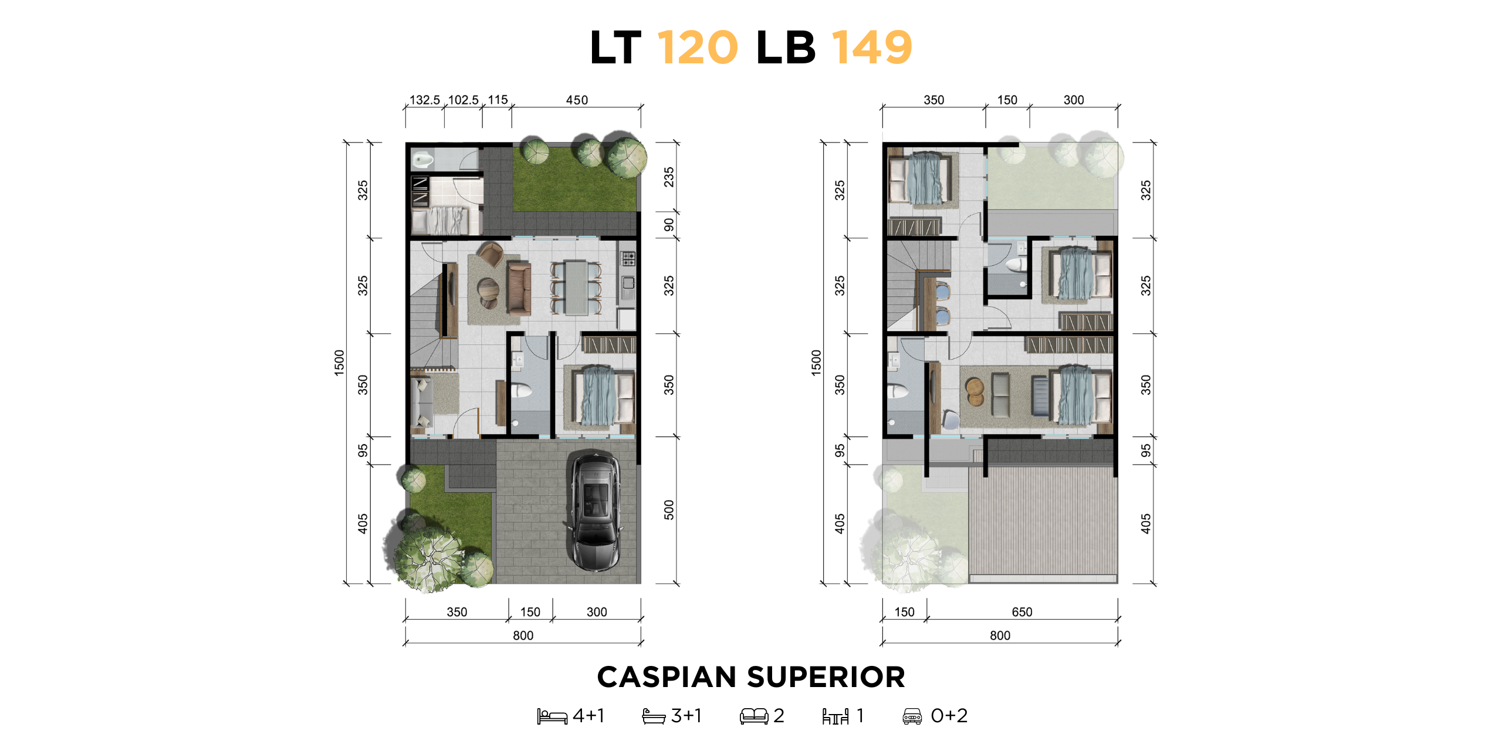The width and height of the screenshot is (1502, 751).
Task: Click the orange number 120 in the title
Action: [698, 48]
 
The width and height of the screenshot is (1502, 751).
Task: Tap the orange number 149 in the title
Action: [872, 48]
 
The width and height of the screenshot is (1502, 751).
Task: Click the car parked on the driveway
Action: [595, 511]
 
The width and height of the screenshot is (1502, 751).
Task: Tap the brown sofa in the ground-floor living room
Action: [519, 289]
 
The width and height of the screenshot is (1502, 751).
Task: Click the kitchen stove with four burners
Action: [628, 258]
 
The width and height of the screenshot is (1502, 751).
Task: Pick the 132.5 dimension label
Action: [424, 100]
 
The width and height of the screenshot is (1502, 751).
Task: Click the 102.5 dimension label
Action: [464, 100]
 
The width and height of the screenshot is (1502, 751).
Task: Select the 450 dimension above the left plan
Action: [577, 100]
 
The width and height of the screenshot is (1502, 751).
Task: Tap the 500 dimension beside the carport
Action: [669, 510]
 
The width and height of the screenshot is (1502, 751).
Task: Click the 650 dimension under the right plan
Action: [1022, 612]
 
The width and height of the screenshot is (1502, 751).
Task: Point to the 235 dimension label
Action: [669, 177]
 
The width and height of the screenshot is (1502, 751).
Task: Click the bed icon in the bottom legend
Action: [552, 716]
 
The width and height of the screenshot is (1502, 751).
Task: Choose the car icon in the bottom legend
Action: [912, 716]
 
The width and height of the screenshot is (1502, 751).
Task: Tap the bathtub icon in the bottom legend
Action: [654, 716]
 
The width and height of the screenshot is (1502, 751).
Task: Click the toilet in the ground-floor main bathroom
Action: [520, 391]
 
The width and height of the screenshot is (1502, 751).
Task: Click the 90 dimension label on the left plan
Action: [669, 225]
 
